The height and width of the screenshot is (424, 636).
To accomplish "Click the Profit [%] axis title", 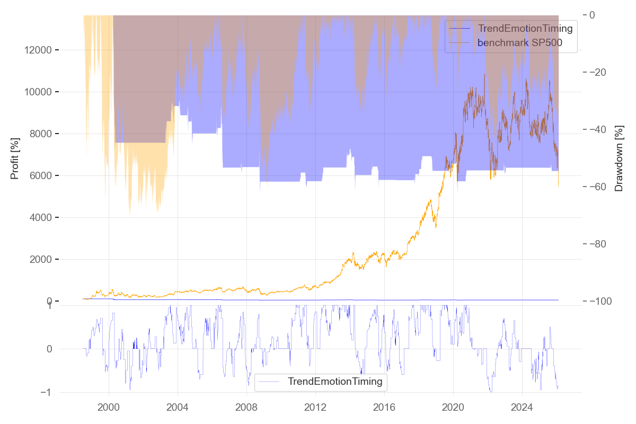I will pos(15,158).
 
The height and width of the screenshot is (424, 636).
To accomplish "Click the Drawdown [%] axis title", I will pos(619,158).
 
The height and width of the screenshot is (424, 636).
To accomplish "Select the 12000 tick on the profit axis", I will pos(38,50).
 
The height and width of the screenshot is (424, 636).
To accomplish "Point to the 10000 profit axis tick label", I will pos(38,92).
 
